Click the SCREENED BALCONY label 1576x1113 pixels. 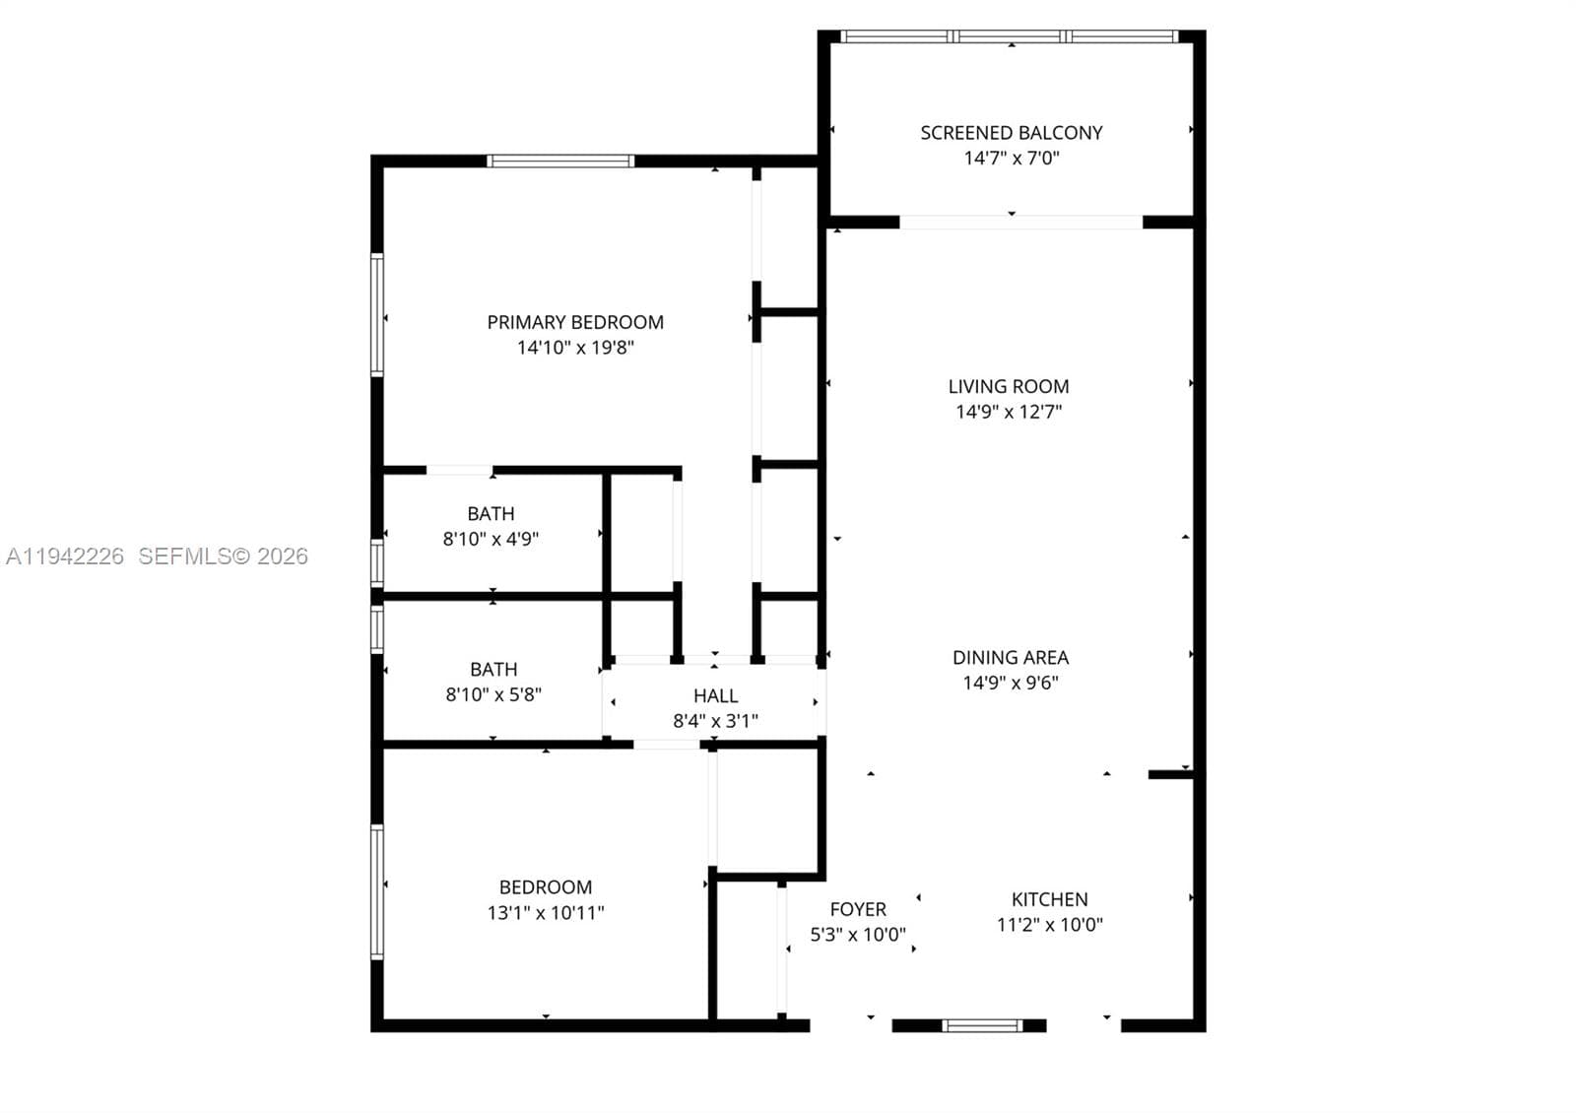pos(1011,133)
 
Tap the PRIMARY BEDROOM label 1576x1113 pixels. pos(575,322)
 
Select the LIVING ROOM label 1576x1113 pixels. pos(1009,386)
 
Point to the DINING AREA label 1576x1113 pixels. pos(1011,657)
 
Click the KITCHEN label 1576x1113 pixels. pos(1049,899)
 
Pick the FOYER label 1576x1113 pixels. pos(858,910)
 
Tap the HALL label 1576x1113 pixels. pos(715,695)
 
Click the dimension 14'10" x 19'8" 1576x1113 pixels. pos(575,348)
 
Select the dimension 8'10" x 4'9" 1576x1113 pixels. pos(491,539)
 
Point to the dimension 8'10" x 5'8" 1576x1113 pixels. pos(493,694)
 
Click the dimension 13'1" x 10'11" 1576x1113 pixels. pos(546,912)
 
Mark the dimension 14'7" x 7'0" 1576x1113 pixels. pos(1011,158)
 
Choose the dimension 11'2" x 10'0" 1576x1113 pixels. pos(1049,925)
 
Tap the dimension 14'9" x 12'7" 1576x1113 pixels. pos(1009,412)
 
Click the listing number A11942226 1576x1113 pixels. pos(65,556)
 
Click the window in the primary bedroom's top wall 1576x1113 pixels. pos(560,162)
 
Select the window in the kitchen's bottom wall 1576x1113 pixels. pos(982,1025)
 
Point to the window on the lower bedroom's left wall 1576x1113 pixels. pos(377,891)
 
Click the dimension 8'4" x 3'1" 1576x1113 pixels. pos(715,721)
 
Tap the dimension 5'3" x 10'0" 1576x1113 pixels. pos(858,935)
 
